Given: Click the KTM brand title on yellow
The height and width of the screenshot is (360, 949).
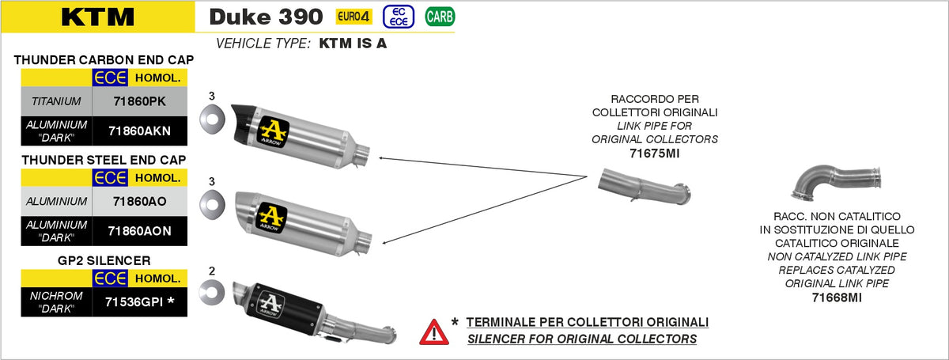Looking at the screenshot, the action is point(98,17).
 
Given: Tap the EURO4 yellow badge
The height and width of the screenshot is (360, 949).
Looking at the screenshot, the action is point(354,17).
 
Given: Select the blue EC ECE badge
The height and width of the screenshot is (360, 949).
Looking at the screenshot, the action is point(399,17).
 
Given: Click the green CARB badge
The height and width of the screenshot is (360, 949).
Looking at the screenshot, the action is point(440,17).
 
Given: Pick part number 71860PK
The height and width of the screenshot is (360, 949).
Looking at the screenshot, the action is point(139,101).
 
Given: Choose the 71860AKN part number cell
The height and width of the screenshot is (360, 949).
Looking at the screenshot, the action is point(139,131).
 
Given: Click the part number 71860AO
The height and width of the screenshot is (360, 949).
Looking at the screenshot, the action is point(139,202).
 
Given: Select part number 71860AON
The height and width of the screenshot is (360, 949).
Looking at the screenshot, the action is point(139,231).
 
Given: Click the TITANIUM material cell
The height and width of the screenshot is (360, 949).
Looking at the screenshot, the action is point(56,101).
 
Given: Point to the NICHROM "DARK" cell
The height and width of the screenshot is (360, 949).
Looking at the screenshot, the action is point(56,302).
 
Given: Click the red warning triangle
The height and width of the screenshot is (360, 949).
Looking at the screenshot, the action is point(434,333).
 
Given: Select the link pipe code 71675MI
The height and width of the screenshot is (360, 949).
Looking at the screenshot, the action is point(655,153).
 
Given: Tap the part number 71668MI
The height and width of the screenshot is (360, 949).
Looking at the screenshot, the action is point(837,297).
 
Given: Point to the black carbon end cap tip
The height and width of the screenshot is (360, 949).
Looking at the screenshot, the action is point(244,123).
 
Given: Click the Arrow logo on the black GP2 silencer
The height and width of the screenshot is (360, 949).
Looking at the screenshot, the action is point(270,304).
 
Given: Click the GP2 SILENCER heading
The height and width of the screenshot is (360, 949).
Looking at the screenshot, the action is point(104,260).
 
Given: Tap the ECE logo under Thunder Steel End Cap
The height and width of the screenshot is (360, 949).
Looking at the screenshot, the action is point(110,178).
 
